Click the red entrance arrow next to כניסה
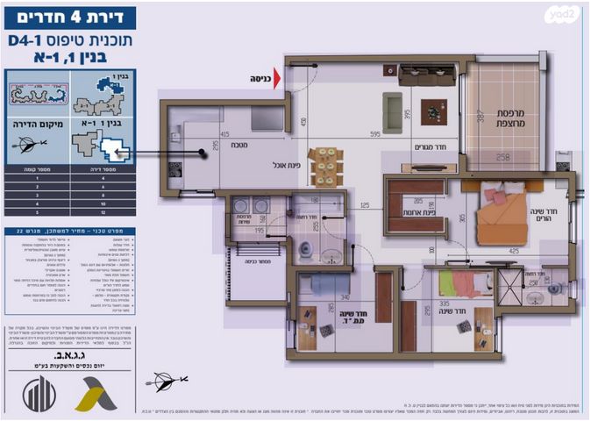[x=277, y=79]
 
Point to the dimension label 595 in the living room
[x=374, y=134]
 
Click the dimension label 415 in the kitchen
[x=224, y=134]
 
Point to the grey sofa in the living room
[x=392, y=112]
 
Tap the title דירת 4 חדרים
[x=70, y=16]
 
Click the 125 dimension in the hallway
[x=364, y=206]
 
